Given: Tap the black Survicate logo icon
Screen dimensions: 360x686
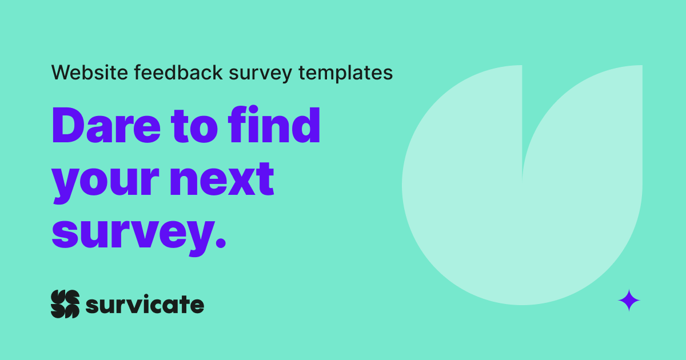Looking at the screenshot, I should point(65,304).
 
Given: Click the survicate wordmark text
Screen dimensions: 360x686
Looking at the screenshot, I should point(145,305).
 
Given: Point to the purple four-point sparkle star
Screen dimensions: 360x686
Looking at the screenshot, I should point(629,300).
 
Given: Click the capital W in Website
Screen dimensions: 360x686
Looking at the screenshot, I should point(61,73).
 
